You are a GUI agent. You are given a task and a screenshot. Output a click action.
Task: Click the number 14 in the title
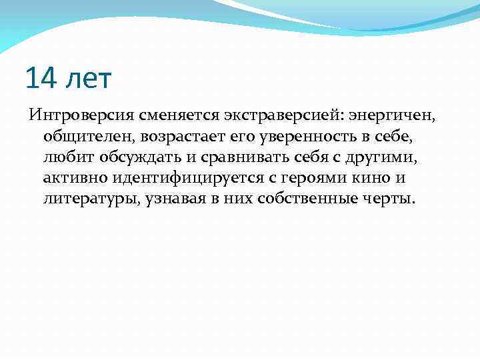point(41,79)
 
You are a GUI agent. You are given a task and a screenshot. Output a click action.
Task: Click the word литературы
point(90,199)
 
